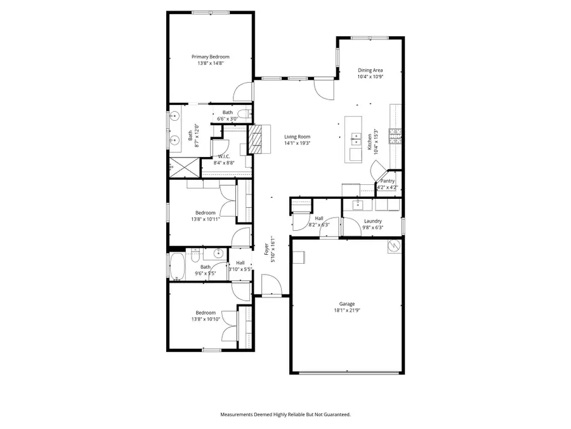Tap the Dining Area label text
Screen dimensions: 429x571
370,71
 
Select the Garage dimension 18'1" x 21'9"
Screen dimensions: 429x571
346,311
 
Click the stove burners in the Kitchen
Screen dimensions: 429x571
395,133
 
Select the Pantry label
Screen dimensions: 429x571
387,181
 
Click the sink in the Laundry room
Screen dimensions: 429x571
358,204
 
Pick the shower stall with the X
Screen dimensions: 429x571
184,167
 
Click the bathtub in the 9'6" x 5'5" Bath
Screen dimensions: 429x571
177,266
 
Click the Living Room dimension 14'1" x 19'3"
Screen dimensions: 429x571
297,143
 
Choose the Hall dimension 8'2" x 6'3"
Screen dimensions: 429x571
318,225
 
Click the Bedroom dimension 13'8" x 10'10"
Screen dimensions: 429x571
205,319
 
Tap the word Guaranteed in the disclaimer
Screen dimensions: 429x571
336,414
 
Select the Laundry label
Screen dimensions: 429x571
372,221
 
